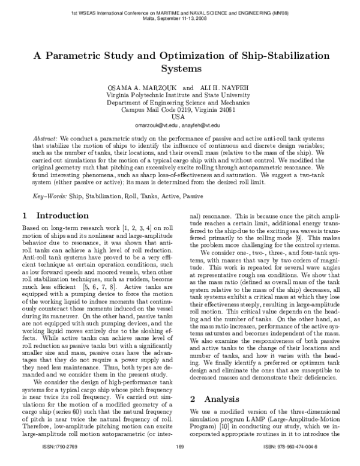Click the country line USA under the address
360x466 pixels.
click(x=179, y=116)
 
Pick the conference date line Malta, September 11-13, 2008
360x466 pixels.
click(x=179, y=19)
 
